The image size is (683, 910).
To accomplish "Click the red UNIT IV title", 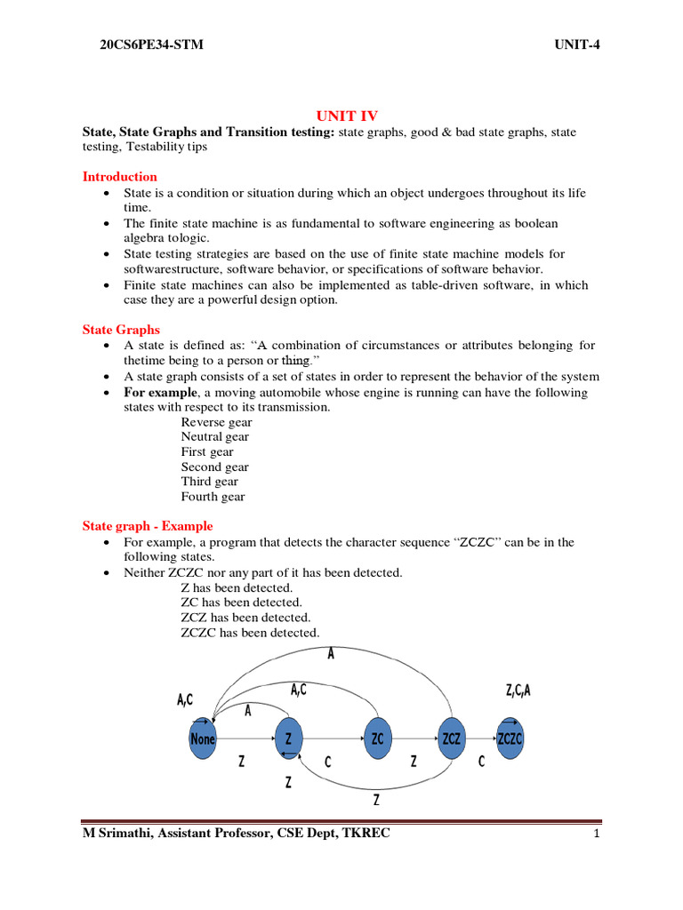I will click(348, 116).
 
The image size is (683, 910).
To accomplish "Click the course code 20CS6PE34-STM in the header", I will click(152, 45).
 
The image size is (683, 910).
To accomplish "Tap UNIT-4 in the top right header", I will click(579, 45).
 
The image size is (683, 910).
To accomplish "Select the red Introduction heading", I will click(120, 177).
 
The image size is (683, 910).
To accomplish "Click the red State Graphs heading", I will click(122, 330).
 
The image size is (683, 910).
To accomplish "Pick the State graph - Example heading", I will click(148, 526).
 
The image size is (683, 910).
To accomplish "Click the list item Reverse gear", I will click(216, 422).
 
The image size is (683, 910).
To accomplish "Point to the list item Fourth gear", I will click(213, 497).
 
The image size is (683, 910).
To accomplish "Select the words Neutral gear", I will click(215, 437).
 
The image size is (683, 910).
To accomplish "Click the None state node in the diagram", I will click(203, 738).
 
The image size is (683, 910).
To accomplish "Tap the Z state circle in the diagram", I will click(287, 738).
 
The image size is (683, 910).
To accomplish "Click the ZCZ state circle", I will click(451, 738).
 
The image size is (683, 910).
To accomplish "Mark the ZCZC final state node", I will click(510, 738).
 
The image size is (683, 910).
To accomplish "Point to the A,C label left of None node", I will click(185, 700).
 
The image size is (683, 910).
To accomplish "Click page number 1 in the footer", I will click(597, 834).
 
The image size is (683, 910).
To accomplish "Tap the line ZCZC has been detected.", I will click(249, 633).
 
